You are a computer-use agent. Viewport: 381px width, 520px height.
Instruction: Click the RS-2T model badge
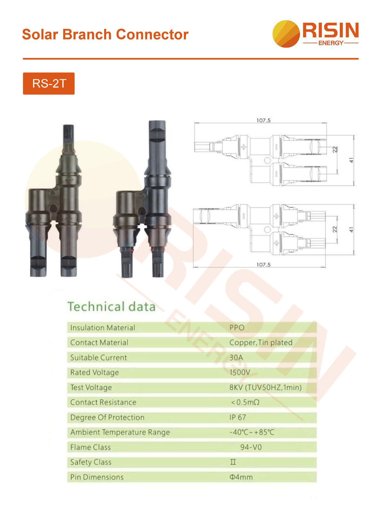[49, 83]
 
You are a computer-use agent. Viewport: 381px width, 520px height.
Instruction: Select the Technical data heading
[111, 307]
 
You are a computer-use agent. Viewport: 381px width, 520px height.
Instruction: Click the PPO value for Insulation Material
[237, 328]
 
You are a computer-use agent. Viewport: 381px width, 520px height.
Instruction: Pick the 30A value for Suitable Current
[236, 358]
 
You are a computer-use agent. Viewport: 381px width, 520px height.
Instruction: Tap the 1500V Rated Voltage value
[239, 373]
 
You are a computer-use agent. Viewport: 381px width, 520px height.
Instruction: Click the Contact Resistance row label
[103, 402]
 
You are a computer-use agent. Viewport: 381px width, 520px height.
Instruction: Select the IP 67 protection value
[238, 417]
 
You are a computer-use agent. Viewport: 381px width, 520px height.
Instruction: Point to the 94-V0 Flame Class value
[251, 447]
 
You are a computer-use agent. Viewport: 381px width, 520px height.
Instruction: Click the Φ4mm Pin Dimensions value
[241, 477]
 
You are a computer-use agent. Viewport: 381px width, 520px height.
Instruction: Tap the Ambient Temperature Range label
[120, 432]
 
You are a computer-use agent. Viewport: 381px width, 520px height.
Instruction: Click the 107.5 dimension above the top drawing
[263, 120]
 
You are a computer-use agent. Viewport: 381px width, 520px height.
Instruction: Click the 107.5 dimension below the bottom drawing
[263, 265]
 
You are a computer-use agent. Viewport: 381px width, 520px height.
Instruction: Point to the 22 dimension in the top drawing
[335, 150]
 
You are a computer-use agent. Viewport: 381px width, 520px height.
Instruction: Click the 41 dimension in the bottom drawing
[352, 230]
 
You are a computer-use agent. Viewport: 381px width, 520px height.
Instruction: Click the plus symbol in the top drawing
[243, 147]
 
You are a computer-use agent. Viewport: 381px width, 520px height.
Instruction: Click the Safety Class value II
[233, 462]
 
